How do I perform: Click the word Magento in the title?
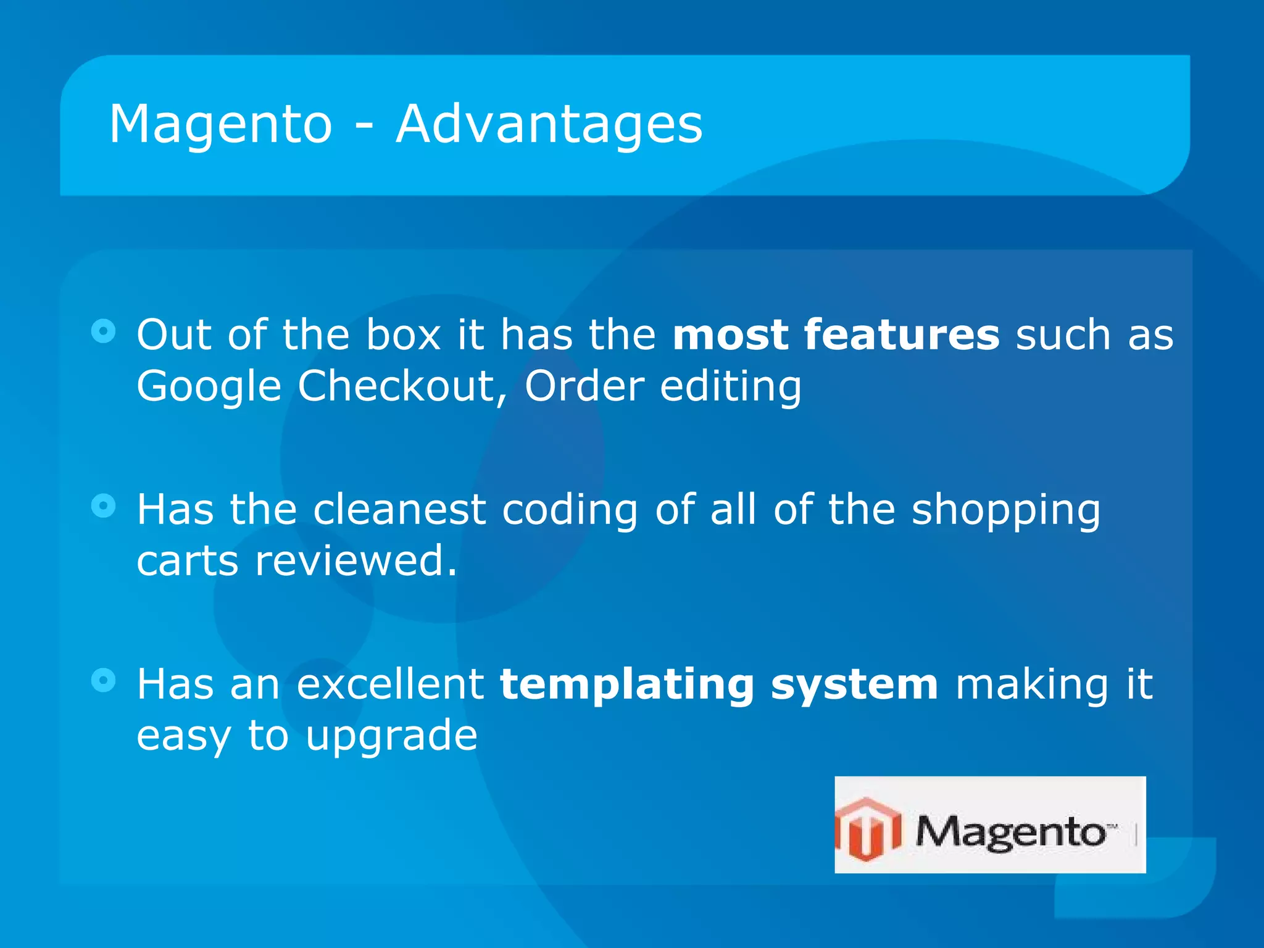(x=220, y=125)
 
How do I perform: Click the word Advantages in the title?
(x=549, y=125)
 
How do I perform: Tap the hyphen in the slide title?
(x=364, y=127)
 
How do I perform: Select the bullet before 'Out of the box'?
(x=103, y=331)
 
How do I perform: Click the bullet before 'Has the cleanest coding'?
(x=103, y=506)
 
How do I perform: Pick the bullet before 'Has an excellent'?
(x=103, y=681)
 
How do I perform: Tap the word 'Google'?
(x=209, y=388)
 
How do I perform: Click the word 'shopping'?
(x=1005, y=511)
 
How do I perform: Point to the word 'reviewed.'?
(x=356, y=561)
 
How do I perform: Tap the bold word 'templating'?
(x=627, y=686)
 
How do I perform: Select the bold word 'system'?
(x=854, y=686)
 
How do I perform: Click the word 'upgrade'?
(x=391, y=737)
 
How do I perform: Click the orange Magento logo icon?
(x=869, y=828)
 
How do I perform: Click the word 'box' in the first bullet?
(x=403, y=335)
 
